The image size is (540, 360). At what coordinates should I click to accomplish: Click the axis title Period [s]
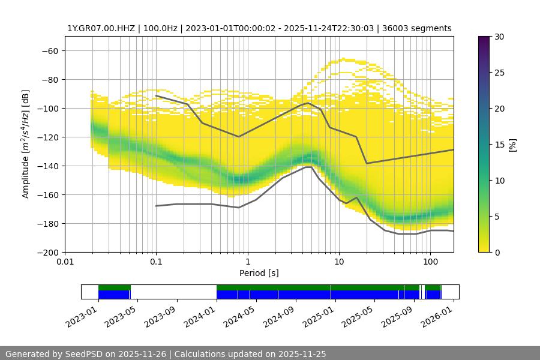(x=259, y=273)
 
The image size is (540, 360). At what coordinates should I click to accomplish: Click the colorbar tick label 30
(x=499, y=37)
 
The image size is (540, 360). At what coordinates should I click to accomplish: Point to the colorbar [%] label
(x=512, y=145)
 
